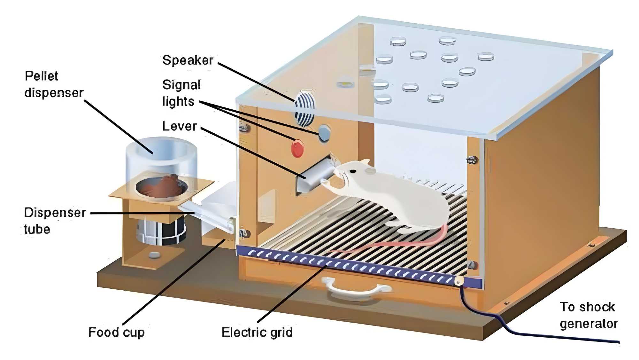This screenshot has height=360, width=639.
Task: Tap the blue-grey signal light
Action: click(324, 132)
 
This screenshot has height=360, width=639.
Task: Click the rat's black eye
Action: click(353, 171)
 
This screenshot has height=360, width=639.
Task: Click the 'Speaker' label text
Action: click(188, 60)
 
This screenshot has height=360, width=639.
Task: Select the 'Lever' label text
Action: click(180, 126)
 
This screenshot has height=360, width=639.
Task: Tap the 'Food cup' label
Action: click(116, 332)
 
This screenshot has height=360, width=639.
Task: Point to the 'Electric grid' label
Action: click(257, 332)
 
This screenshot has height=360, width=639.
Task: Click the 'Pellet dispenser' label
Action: click(53, 84)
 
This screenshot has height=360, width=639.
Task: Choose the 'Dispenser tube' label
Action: click(54, 221)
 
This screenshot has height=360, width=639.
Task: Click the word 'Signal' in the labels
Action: click(181, 85)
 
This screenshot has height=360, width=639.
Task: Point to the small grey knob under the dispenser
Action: click(155, 255)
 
